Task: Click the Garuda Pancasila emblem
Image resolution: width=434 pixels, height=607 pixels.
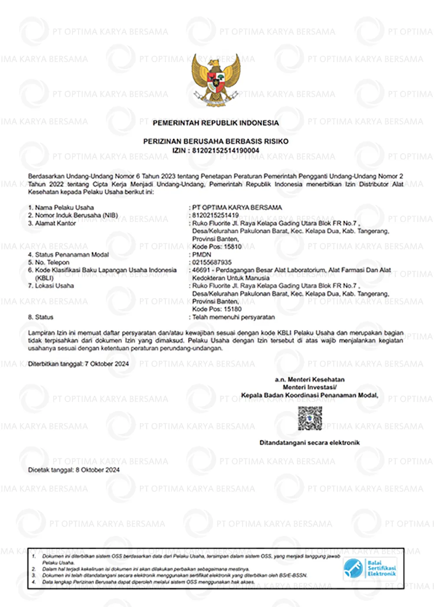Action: [x=216, y=80]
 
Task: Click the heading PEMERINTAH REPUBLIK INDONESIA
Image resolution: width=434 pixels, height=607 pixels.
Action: [x=216, y=123]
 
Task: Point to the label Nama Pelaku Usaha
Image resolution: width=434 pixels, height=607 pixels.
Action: [x=64, y=208]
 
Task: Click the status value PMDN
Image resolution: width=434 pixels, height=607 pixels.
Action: [x=202, y=255]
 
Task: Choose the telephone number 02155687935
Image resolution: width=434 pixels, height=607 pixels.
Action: [x=212, y=262]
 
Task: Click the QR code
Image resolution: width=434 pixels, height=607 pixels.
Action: [x=310, y=418]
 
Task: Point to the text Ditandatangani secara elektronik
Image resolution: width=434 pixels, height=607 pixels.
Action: [x=309, y=443]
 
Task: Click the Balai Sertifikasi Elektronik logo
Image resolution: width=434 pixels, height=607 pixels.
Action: [x=370, y=568]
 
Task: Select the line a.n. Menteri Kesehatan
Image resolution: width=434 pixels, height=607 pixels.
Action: [x=309, y=379]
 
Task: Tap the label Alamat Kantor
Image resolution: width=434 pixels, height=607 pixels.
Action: [x=55, y=223]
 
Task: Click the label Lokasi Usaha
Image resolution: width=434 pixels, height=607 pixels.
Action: [x=54, y=286]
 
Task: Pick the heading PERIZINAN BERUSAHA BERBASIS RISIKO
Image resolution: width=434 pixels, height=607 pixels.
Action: [x=216, y=141]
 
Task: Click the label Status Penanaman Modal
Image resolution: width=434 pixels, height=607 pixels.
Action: [x=72, y=255]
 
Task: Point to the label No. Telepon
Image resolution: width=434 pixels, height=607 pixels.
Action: [x=52, y=262]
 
